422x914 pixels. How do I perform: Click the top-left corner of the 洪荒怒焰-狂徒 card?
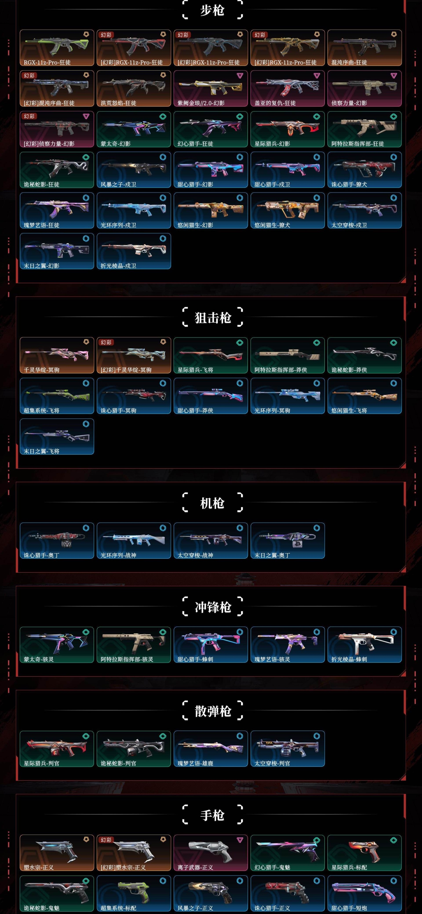tap(97, 71)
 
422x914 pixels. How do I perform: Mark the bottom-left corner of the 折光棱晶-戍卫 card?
tap(97, 269)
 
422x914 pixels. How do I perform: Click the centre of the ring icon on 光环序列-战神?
tap(163, 528)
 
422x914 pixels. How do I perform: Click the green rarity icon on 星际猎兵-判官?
tap(86, 736)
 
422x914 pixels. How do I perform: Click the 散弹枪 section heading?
tap(213, 711)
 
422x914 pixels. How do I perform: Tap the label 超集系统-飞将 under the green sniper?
tap(41, 410)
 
